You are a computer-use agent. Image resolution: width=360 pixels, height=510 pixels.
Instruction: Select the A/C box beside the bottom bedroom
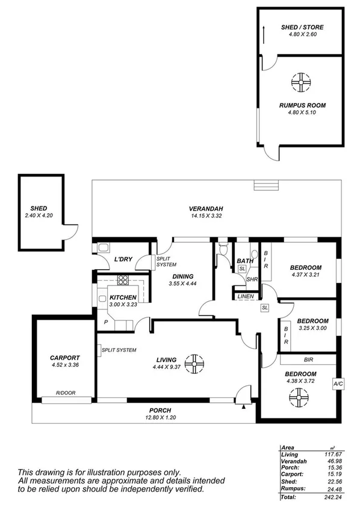click(x=337, y=382)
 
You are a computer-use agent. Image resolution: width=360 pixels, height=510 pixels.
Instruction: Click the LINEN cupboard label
click(x=246, y=297)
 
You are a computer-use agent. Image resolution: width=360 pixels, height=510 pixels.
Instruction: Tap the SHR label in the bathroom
click(x=252, y=279)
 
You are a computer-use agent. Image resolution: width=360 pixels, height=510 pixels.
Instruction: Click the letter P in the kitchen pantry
click(x=106, y=323)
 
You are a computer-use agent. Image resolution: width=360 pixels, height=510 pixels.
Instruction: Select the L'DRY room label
click(x=123, y=260)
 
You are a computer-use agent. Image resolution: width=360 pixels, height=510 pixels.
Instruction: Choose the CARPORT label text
click(x=64, y=358)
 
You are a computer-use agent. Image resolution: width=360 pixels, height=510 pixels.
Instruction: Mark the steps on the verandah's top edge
click(x=262, y=185)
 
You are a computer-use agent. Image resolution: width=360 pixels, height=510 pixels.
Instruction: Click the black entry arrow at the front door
click(x=243, y=407)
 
